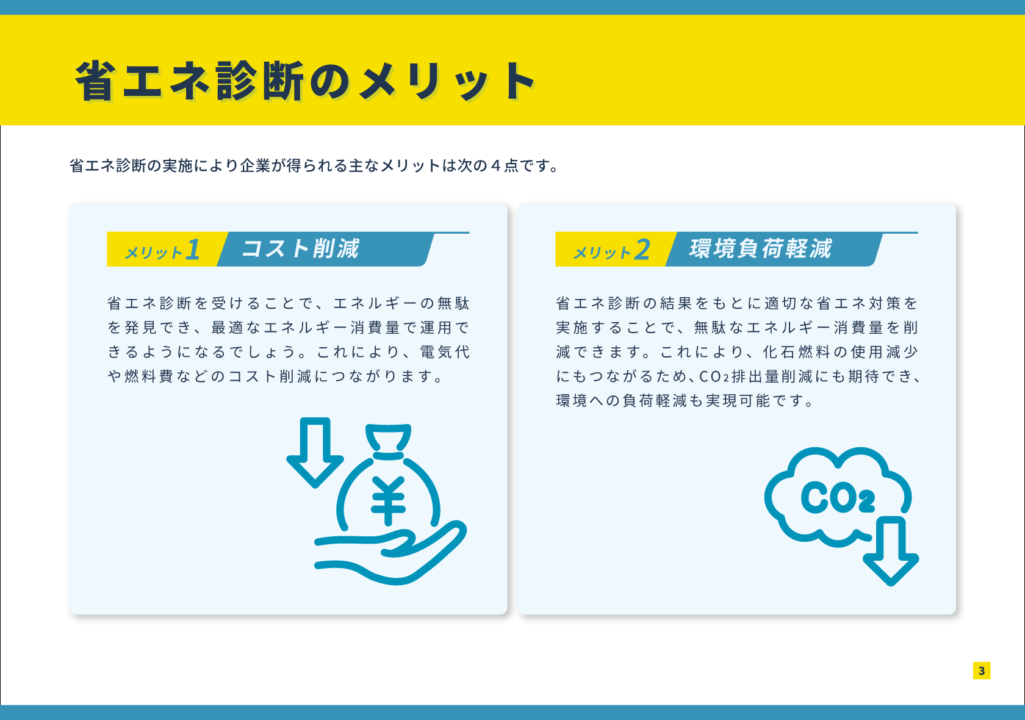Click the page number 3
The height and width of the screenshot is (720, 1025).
tap(982, 671)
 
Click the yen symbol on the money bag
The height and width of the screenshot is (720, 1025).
tap(388, 500)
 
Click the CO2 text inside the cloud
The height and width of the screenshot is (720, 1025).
tap(838, 497)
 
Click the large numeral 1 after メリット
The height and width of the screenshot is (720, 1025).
tap(193, 250)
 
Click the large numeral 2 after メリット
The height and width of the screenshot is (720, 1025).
tap(642, 250)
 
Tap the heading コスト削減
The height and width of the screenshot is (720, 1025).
tap(300, 248)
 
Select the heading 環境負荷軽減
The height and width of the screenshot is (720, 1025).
tap(760, 248)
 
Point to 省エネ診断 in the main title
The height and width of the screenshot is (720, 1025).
tap(189, 81)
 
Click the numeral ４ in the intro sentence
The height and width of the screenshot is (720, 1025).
tap(495, 166)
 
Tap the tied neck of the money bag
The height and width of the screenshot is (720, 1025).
tap(388, 455)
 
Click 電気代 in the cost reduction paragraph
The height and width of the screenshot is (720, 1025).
tap(445, 352)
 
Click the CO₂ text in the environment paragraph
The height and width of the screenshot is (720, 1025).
tap(714, 376)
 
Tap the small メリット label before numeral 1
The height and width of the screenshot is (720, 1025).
tap(153, 253)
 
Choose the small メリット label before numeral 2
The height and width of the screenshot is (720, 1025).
tap(602, 253)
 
